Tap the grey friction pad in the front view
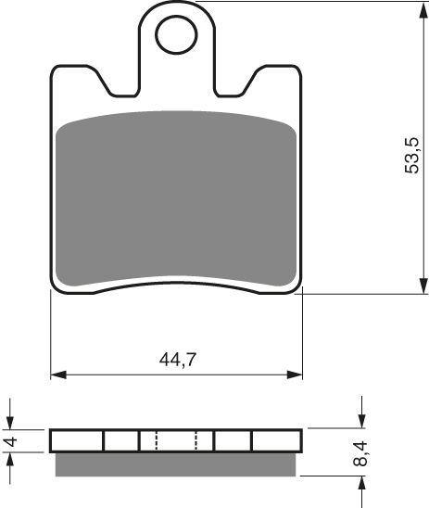pyautogui.click(x=176, y=199)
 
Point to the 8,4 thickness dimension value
pyautogui.click(x=371, y=454)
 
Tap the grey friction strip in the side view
pyautogui.click(x=176, y=464)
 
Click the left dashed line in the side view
pyautogui.click(x=157, y=440)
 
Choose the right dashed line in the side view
pyautogui.click(x=197, y=440)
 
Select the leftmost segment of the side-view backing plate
pyautogui.click(x=77, y=440)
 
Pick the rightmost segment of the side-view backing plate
pyautogui.click(x=277, y=440)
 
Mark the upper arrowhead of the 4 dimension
pyautogui.click(x=11, y=423)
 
